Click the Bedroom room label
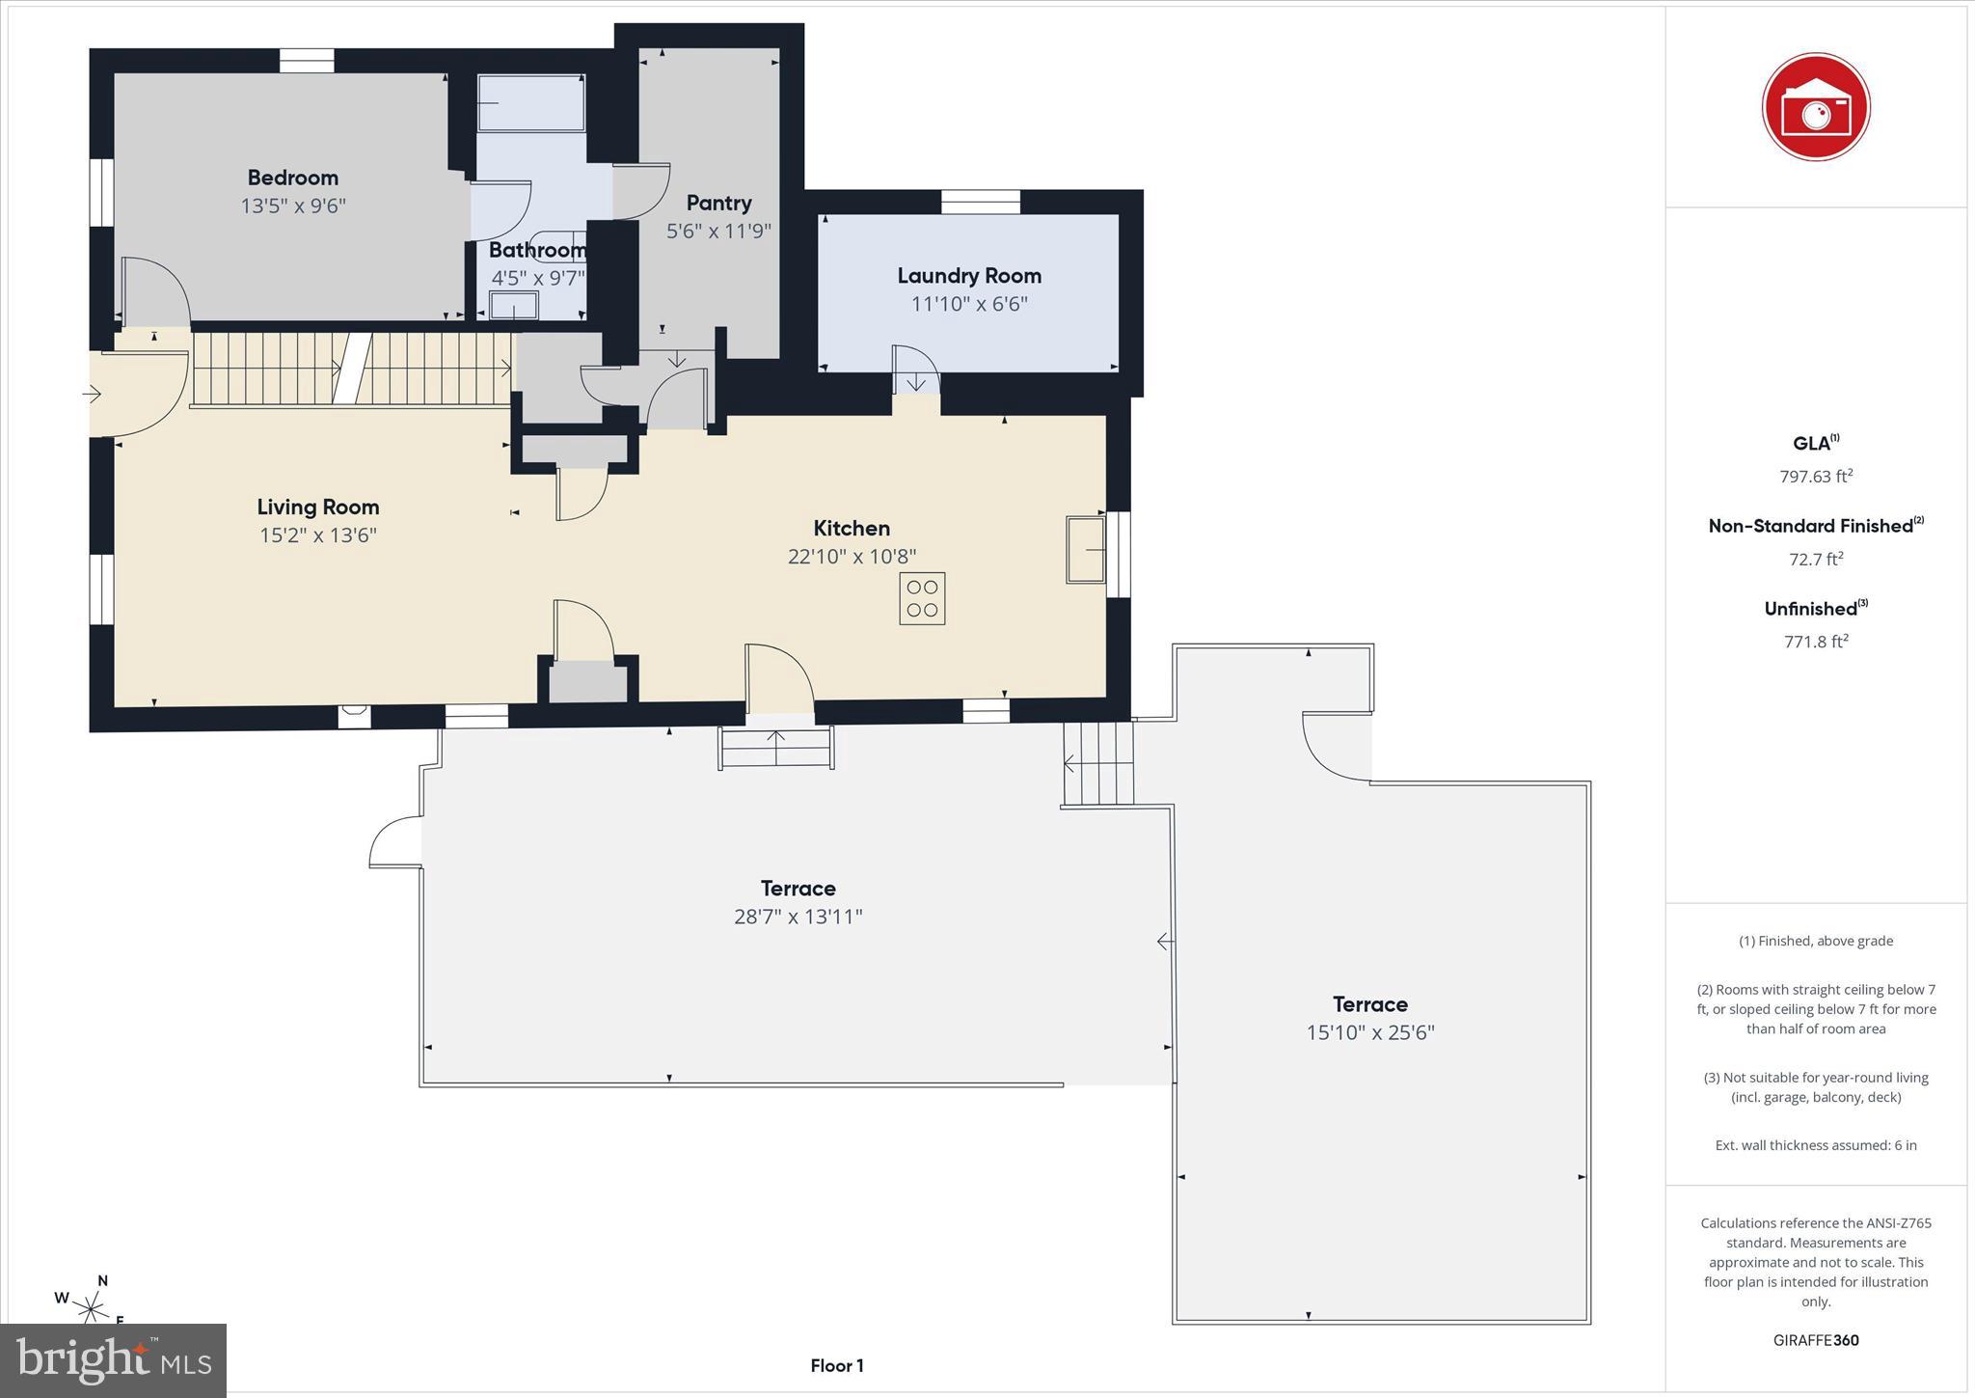pyautogui.click(x=292, y=178)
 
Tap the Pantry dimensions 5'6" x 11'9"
pyautogui.click(x=718, y=232)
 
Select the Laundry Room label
pyautogui.click(x=969, y=276)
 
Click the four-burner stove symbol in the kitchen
pyautogui.click(x=922, y=598)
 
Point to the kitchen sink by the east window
pyautogui.click(x=1085, y=550)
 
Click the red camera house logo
pyautogui.click(x=1815, y=107)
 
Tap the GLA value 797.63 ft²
pyautogui.click(x=1815, y=477)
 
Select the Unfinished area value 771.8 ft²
pyautogui.click(x=1815, y=642)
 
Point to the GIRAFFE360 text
pyautogui.click(x=1815, y=1340)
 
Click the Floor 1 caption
pyautogui.click(x=836, y=1365)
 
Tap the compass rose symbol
pyautogui.click(x=92, y=1308)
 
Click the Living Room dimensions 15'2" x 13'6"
pyautogui.click(x=317, y=535)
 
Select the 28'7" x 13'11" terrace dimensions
pyautogui.click(x=798, y=917)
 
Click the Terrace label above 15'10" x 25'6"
pyautogui.click(x=1369, y=1004)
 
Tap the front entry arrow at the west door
pyautogui.click(x=93, y=394)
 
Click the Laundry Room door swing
pyautogui.click(x=915, y=370)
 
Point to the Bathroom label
pyautogui.click(x=537, y=251)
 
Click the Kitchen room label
pyautogui.click(x=851, y=529)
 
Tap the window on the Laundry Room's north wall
pyautogui.click(x=980, y=202)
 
